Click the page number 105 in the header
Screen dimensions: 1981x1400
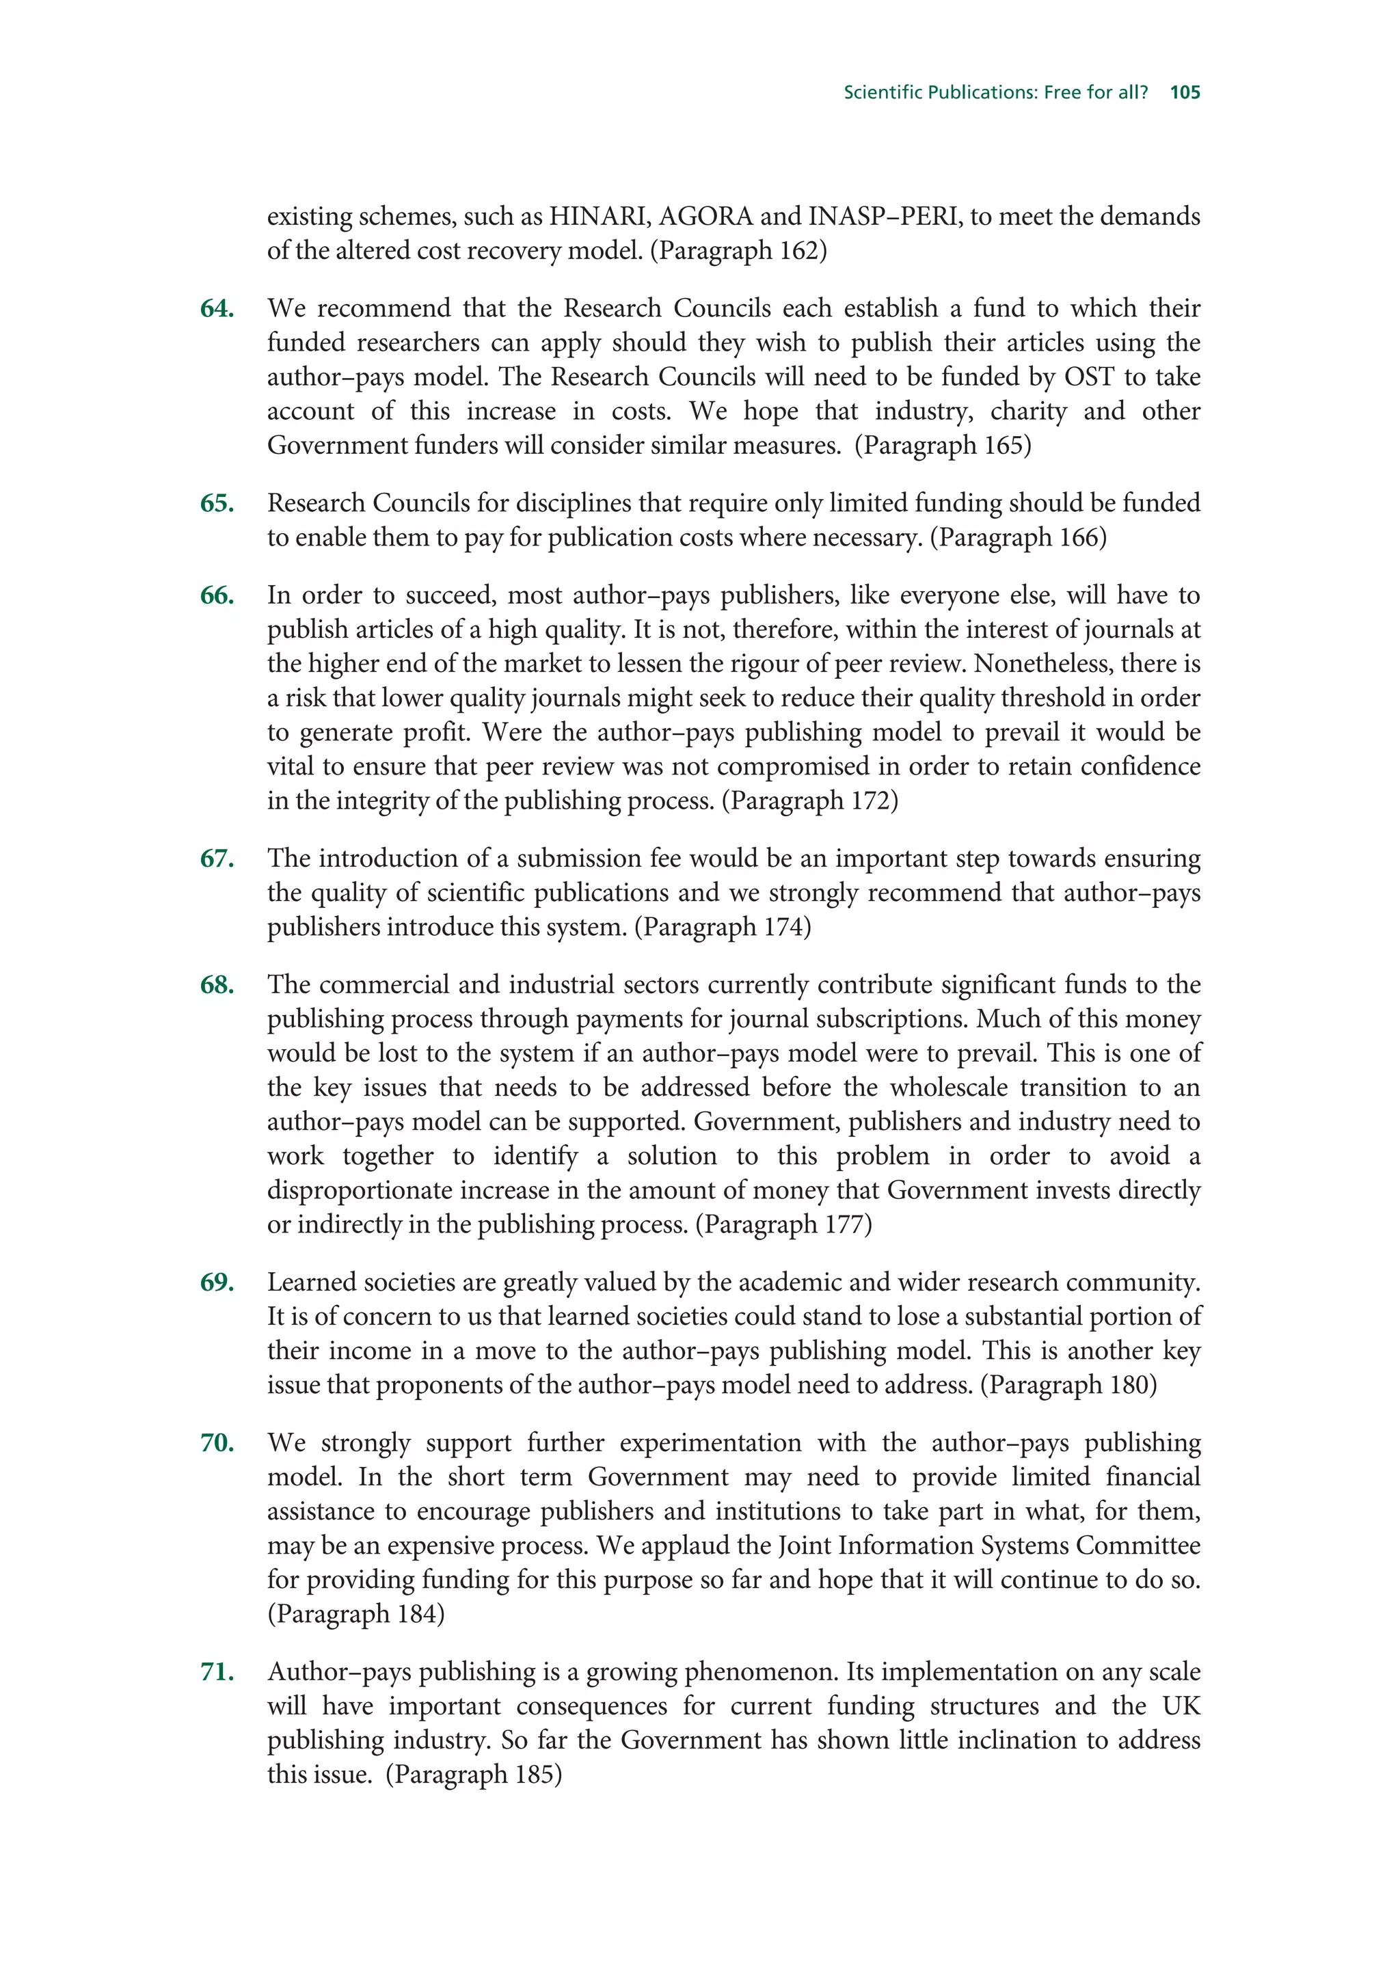tap(1185, 92)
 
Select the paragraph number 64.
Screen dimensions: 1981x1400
tap(217, 308)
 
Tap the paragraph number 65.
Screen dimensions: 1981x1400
tap(217, 503)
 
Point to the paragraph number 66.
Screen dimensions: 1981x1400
tap(217, 595)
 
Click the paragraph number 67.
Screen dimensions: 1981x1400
tap(217, 859)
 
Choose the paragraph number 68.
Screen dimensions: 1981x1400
tap(217, 984)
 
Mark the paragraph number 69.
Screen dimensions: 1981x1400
tap(217, 1282)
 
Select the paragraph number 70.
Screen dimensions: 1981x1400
tap(217, 1442)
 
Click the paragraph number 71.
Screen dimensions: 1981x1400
tap(217, 1671)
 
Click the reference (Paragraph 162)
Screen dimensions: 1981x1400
tap(738, 250)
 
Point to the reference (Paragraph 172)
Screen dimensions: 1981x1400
tap(810, 800)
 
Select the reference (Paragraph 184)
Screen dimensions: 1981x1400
tap(355, 1615)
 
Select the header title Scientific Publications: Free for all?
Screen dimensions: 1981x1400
tap(995, 92)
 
